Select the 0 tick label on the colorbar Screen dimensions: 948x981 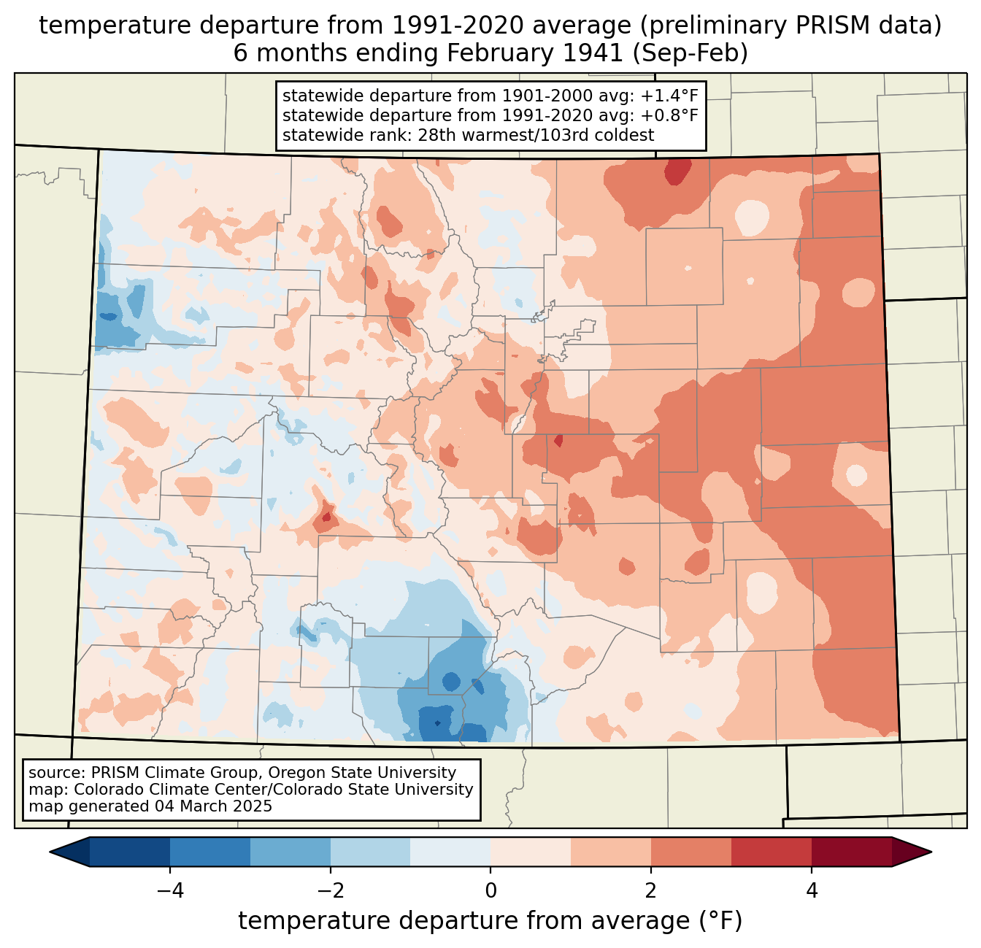pyautogui.click(x=490, y=890)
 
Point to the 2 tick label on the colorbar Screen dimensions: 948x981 pyautogui.click(x=651, y=890)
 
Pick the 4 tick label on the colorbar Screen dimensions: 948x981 pyautogui.click(x=812, y=890)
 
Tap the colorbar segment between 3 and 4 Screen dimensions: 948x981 pyautogui.click(x=772, y=852)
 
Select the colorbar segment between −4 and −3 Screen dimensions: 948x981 pyautogui.click(x=210, y=852)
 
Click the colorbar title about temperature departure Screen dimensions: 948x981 pyautogui.click(x=490, y=921)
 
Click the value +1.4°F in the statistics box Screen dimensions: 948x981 pyautogui.click(x=669, y=96)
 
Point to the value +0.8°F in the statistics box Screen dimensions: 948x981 pyautogui.click(x=669, y=115)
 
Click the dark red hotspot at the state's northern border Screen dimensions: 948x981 pyautogui.click(x=678, y=172)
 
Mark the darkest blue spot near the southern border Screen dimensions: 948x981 pyautogui.click(x=437, y=723)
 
